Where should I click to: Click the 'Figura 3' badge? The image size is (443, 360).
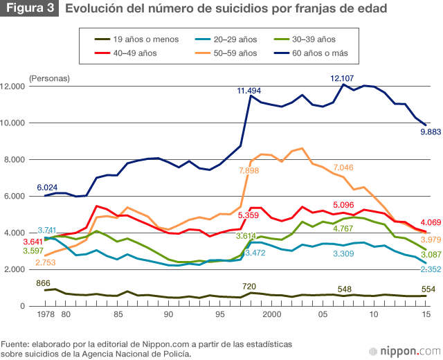30,9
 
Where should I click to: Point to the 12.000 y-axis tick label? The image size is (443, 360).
15,87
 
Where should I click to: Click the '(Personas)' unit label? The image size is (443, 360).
49,78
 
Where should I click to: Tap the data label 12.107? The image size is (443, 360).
343,78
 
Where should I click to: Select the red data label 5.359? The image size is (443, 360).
251,215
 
